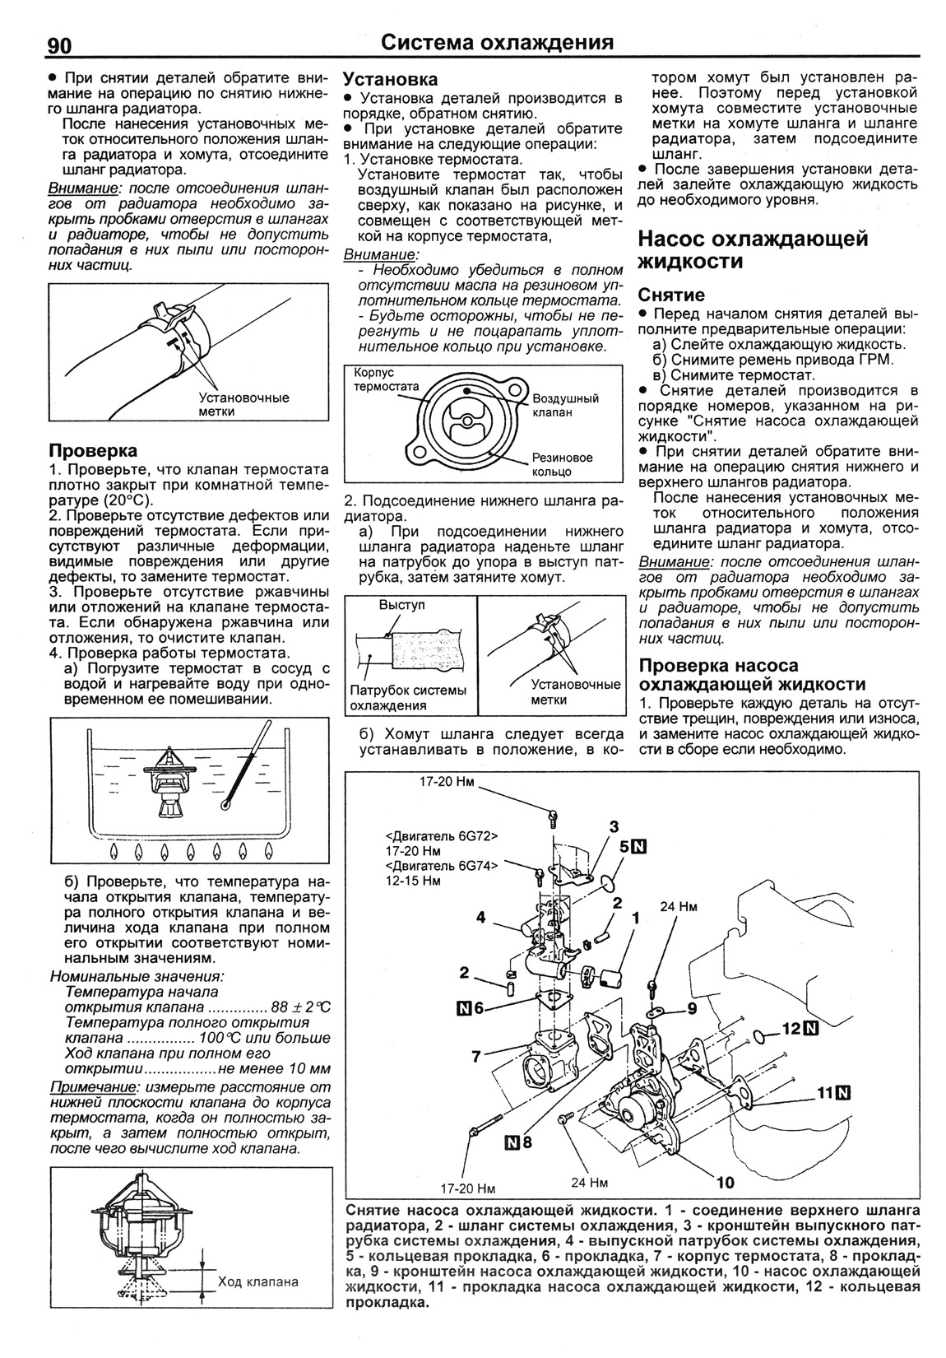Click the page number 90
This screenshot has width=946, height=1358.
tap(59, 44)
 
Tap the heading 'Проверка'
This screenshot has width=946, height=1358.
tap(93, 451)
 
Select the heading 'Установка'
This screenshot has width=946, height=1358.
tap(390, 80)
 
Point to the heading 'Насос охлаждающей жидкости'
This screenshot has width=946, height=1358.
tap(753, 250)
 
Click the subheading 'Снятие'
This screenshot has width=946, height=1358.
tap(671, 295)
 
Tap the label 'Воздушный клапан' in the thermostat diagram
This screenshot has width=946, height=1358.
tap(565, 405)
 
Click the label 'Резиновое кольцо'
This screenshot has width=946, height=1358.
tap(562, 465)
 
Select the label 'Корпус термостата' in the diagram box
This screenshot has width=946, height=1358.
tap(386, 379)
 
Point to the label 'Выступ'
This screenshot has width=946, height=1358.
tap(401, 605)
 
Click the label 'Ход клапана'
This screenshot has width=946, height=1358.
tap(258, 1305)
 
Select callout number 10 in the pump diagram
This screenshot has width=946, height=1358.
tap(725, 1183)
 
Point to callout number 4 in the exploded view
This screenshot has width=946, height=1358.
tap(481, 918)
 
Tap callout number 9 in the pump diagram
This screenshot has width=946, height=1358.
tap(691, 1007)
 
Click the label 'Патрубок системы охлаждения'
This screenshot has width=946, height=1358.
tap(408, 698)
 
